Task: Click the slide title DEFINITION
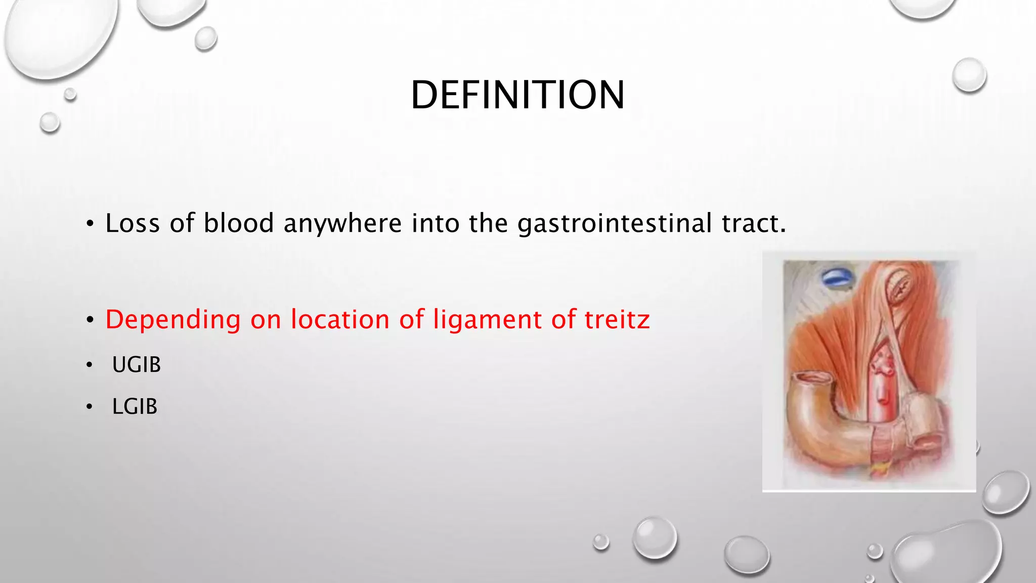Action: click(x=517, y=95)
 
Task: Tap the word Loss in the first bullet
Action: click(x=133, y=223)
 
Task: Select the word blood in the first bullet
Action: click(x=239, y=223)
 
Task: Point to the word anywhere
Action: click(x=342, y=224)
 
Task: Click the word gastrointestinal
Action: click(x=615, y=224)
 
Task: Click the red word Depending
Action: click(x=172, y=320)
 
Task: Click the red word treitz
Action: click(x=617, y=319)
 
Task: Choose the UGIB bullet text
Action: click(x=136, y=365)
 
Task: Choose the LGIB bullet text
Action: click(x=135, y=407)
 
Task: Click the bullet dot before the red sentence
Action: click(x=90, y=320)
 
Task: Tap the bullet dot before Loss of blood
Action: click(x=90, y=224)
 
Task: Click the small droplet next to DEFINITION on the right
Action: click(x=969, y=75)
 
